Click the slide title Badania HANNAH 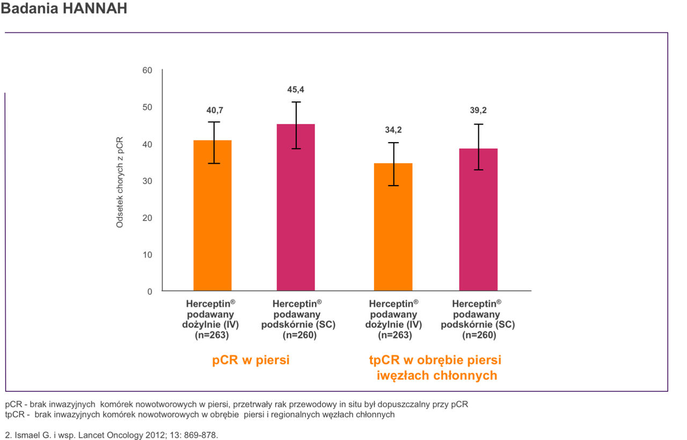(64, 9)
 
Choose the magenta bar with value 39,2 (478, 220)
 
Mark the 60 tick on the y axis (147, 70)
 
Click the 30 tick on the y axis (147, 181)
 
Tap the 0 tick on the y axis (150, 291)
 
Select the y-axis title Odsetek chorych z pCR (120, 182)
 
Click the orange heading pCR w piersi (251, 360)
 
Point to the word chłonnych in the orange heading (466, 376)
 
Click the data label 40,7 (215, 111)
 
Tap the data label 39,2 (478, 111)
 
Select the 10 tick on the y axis (147, 254)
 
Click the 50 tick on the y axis (147, 107)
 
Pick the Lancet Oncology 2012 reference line (111, 435)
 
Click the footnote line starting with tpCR (200, 415)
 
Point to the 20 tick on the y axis (147, 218)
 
